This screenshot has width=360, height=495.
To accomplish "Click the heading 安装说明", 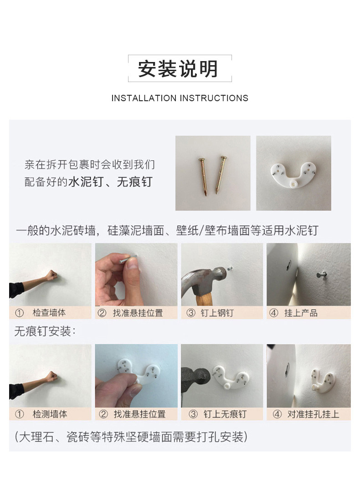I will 180,68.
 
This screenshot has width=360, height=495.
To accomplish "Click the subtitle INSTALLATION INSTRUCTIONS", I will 180,98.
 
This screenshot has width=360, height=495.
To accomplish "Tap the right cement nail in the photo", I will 221,174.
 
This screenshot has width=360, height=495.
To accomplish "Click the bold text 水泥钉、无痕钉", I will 110,182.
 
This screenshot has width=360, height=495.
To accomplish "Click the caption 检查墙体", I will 49,313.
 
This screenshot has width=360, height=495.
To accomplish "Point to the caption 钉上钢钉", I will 217,313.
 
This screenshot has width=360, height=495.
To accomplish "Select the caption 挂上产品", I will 301,313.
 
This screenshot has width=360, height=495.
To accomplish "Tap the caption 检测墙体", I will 49,414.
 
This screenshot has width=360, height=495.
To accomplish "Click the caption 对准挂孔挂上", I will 312,414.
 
